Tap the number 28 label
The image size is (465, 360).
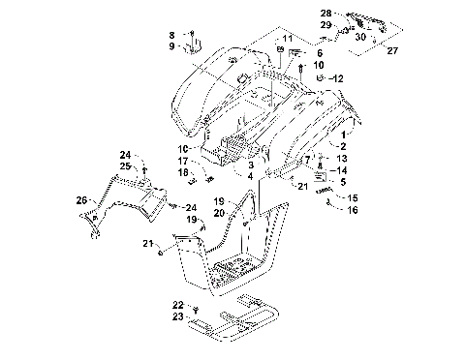[325, 13]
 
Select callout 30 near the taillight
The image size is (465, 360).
[360, 37]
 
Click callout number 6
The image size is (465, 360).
[319, 53]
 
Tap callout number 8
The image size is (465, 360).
[172, 34]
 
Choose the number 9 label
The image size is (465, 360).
[172, 46]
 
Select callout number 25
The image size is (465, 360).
[125, 166]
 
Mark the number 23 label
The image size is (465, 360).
[178, 316]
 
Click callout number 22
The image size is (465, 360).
[178, 304]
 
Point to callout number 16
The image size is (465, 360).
[352, 209]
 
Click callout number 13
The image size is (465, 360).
[341, 158]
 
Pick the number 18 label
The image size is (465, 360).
[183, 172]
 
